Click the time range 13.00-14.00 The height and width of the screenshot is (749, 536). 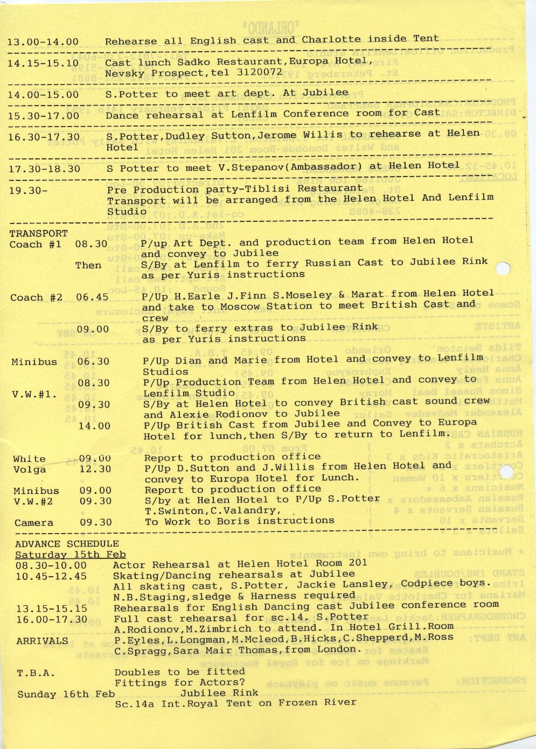pyautogui.click(x=43, y=42)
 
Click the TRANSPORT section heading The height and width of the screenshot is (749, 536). pyautogui.click(x=39, y=234)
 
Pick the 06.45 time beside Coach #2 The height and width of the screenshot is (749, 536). pyautogui.click(x=92, y=297)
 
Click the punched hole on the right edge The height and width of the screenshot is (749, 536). pyautogui.click(x=502, y=268)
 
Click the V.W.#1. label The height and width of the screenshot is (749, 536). pyautogui.click(x=34, y=394)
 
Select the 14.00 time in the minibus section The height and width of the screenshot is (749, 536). pyautogui.click(x=94, y=426)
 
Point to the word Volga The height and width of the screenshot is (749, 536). pyautogui.click(x=30, y=470)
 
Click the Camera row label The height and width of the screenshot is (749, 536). pyautogui.click(x=34, y=523)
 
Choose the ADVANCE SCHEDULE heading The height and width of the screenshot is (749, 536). pyautogui.click(x=67, y=544)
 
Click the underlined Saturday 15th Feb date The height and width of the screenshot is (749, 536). pyautogui.click(x=70, y=555)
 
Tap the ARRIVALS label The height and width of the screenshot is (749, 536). pyautogui.click(x=42, y=641)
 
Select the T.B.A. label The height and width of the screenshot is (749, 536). pyautogui.click(x=36, y=673)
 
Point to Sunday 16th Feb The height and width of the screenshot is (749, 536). pyautogui.click(x=66, y=695)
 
